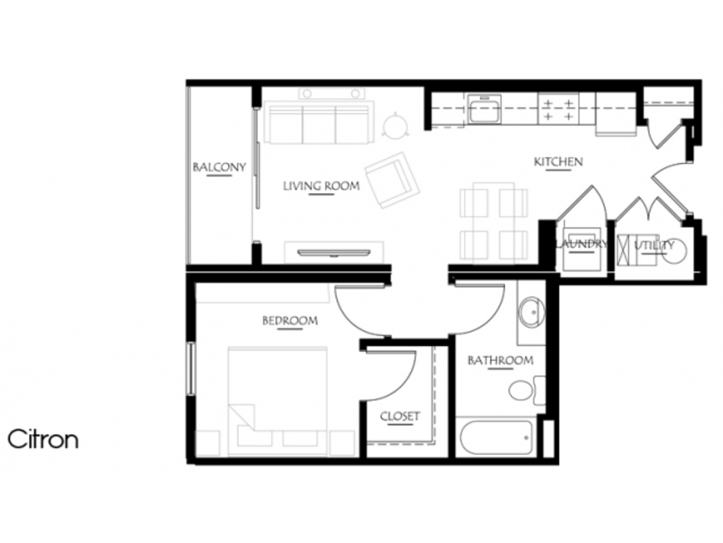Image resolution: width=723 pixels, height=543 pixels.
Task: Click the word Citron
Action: coord(43,439)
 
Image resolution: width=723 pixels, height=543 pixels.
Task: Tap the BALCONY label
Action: coord(219,167)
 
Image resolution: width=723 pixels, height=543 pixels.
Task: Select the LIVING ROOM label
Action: coord(321,186)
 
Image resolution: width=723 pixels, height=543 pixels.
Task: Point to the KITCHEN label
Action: coord(558,162)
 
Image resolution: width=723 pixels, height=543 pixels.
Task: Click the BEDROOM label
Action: coord(290,320)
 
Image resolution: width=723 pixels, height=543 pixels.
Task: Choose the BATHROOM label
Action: coord(500,361)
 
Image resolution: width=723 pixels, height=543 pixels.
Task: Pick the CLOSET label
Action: coord(400,417)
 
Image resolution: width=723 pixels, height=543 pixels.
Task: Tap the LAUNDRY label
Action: coord(581,244)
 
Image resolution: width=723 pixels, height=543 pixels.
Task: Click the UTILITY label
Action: coord(655,245)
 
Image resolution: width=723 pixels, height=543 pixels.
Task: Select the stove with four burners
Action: coord(560,109)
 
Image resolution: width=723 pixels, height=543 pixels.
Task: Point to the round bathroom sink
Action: coord(532,313)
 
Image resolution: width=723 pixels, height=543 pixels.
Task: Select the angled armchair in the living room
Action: coord(392,180)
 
